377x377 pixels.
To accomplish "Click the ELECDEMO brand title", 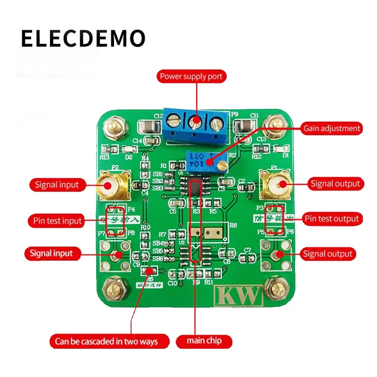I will click(83, 39).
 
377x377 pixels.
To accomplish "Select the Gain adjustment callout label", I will click(332, 128).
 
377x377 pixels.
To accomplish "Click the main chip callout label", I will click(204, 340).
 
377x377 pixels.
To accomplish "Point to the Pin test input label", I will click(57, 220).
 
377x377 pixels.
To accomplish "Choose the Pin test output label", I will click(332, 219).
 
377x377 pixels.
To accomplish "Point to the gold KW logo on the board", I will click(238, 295).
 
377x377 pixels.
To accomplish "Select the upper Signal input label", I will click(57, 184).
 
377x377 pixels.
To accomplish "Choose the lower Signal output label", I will click(328, 254).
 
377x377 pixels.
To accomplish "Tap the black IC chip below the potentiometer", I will click(195, 186).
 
